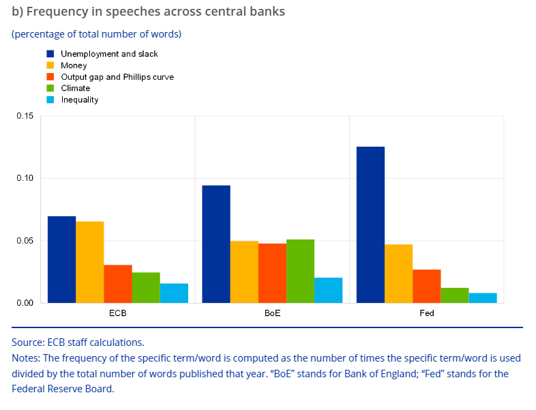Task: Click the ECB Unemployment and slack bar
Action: point(61,259)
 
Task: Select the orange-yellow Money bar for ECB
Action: point(89,262)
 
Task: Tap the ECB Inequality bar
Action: point(174,293)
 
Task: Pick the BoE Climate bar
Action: point(300,271)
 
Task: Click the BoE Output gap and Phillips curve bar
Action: point(272,273)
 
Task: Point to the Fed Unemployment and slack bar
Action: point(370,224)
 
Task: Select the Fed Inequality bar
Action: point(483,297)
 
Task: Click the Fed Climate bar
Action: point(455,295)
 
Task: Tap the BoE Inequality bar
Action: point(328,290)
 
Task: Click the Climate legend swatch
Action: point(50,88)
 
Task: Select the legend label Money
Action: point(74,65)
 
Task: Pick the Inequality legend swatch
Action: point(50,100)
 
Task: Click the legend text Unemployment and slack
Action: point(109,54)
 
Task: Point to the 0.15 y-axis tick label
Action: point(25,116)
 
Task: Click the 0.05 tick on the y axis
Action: point(25,241)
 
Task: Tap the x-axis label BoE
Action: point(272,314)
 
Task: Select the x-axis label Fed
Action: point(427,314)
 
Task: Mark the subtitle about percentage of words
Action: point(96,33)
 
